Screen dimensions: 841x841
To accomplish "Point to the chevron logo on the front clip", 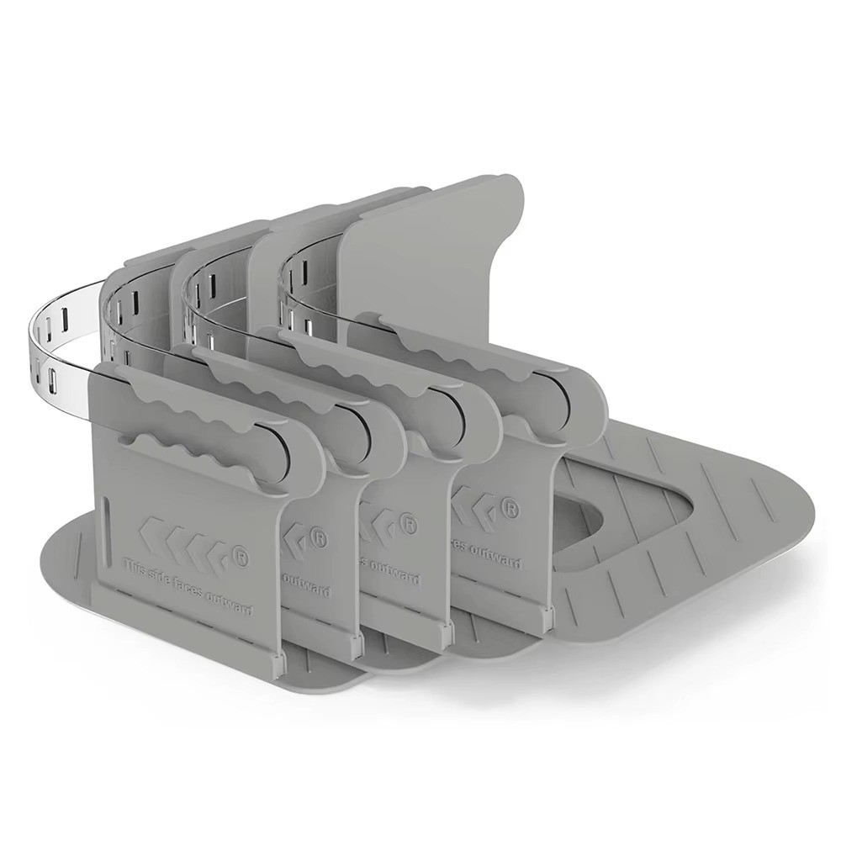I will pos(182,539).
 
